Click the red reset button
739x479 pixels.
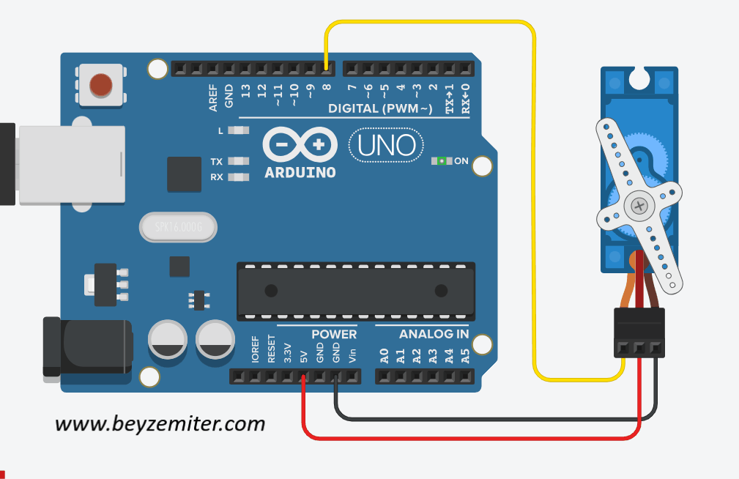click(x=101, y=85)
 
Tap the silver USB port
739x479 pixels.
click(x=71, y=164)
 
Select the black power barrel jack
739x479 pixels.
click(x=88, y=347)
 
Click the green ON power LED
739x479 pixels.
click(x=442, y=161)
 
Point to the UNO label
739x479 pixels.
click(x=387, y=145)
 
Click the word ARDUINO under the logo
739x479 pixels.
click(x=300, y=173)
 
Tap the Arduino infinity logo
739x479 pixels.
click(x=300, y=144)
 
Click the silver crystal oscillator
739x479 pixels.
click(x=178, y=227)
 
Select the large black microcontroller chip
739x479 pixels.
click(x=356, y=292)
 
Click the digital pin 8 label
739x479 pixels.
click(x=327, y=87)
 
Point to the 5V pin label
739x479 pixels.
click(x=303, y=357)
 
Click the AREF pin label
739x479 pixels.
click(x=213, y=98)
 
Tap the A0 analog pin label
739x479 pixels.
click(x=385, y=356)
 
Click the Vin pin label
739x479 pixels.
click(x=352, y=355)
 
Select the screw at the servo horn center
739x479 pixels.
click(x=639, y=206)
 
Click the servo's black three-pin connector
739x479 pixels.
click(x=639, y=333)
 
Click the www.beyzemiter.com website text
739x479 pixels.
click(x=160, y=424)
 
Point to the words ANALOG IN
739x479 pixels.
click(x=434, y=334)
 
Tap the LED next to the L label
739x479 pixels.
click(x=239, y=130)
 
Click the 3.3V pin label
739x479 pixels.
click(x=288, y=353)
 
